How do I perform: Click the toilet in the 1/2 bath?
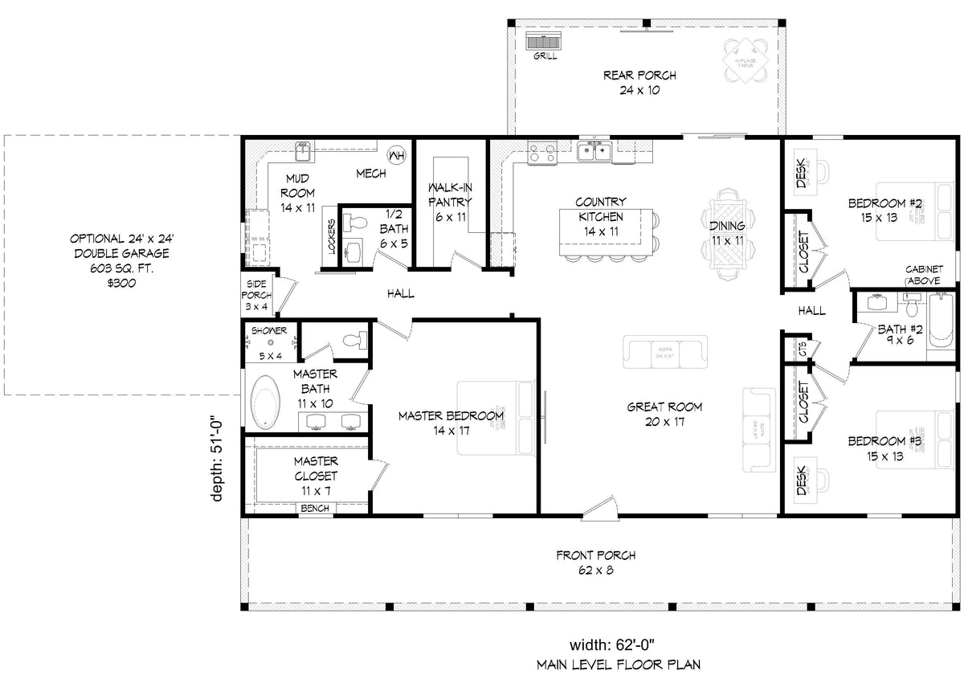click(356, 223)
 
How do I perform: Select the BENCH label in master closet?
click(314, 508)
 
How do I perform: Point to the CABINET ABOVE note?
click(924, 275)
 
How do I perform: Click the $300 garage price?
click(123, 282)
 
